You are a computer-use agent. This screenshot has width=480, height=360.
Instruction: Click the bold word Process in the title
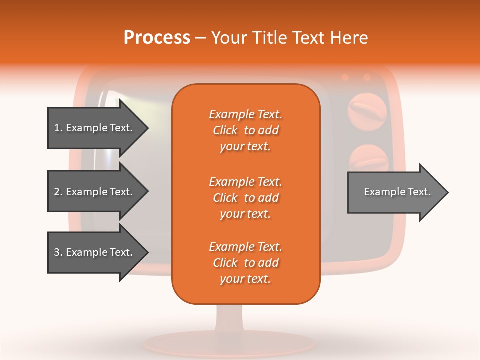157,38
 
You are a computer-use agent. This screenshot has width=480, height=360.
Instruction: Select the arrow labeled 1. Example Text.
94,128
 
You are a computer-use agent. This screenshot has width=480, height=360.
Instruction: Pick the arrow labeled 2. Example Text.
94,192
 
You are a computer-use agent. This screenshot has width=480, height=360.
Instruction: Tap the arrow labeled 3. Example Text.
94,252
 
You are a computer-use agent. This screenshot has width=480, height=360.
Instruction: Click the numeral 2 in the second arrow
57,192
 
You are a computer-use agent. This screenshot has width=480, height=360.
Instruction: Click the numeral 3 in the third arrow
57,252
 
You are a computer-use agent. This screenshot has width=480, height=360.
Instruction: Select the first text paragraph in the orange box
245,130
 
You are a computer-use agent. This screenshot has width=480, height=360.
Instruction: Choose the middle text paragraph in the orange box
245,198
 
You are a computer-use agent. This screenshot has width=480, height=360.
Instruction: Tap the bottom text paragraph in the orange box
245,263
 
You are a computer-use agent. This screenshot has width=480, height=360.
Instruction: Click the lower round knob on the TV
369,159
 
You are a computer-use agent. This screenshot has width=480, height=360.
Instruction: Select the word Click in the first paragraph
225,130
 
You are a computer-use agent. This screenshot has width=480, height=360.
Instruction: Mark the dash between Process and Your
200,38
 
